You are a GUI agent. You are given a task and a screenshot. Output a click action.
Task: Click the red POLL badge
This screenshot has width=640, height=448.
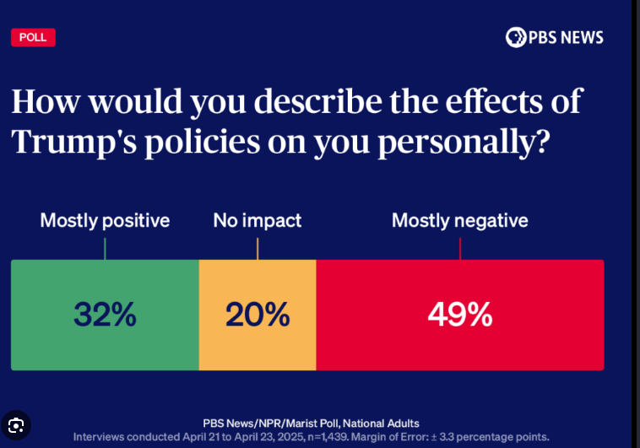click(33, 37)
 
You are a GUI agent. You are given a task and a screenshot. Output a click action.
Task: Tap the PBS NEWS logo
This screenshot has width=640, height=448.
click(555, 37)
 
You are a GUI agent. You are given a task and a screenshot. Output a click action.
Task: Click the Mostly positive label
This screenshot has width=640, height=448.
click(105, 221)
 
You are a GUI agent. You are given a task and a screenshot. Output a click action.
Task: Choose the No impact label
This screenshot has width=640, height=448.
click(257, 221)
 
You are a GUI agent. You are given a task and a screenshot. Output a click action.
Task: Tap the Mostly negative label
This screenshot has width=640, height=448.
click(459, 221)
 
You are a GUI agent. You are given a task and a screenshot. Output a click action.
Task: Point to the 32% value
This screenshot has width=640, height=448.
click(105, 315)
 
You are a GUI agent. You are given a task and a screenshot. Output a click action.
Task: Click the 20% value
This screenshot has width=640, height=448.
click(258, 315)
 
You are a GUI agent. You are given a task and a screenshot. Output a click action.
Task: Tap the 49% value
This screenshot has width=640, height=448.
click(460, 315)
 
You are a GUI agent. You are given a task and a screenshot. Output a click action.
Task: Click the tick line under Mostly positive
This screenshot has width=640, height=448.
click(105, 248)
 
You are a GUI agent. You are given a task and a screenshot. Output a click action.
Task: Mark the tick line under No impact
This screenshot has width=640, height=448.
click(258, 248)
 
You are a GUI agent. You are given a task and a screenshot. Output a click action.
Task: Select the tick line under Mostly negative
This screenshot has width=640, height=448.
click(460, 248)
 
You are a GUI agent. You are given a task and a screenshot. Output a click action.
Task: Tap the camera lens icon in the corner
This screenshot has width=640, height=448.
click(15, 424)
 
